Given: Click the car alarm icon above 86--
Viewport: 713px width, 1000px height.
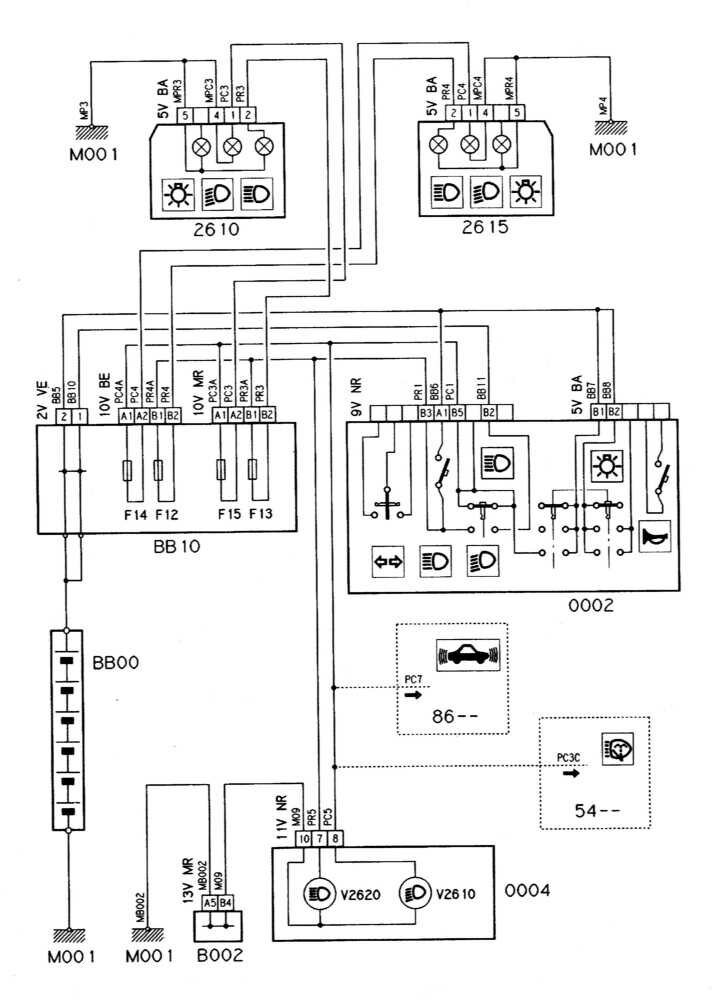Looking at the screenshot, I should [x=468, y=657].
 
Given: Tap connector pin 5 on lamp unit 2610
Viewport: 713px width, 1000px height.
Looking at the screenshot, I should [x=185, y=115].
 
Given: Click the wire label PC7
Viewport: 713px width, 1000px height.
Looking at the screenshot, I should [x=414, y=680].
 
